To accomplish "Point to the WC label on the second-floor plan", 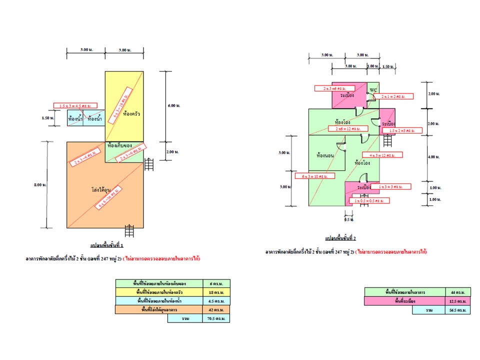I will point(373,90).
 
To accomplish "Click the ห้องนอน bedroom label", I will point(326,155).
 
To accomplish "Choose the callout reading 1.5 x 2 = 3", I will point(405,131).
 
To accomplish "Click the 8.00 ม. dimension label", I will point(41,185).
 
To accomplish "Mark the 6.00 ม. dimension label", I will point(172,105).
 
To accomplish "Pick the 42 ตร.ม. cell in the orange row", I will point(216,309).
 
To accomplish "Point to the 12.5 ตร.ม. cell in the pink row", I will point(458,301).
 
